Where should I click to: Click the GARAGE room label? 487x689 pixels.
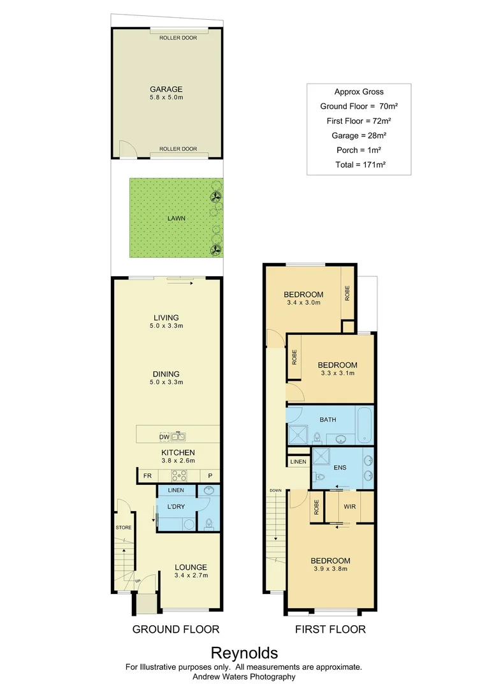(166, 89)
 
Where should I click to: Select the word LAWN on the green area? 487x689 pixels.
(177, 218)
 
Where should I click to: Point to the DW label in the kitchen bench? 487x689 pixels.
(164, 437)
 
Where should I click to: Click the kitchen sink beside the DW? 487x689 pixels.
(178, 437)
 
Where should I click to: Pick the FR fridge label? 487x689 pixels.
(147, 476)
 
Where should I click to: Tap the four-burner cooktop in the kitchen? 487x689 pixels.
(178, 476)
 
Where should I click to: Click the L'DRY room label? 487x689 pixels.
(175, 507)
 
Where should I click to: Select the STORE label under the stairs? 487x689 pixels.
(123, 528)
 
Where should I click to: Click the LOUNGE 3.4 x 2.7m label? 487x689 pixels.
(191, 571)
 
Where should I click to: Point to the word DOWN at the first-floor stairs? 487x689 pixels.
(275, 491)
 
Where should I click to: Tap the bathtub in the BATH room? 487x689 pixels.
(363, 426)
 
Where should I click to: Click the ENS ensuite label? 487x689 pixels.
(339, 467)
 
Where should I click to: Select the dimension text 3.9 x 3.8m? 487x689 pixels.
(331, 569)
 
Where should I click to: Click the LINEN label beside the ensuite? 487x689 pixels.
(298, 461)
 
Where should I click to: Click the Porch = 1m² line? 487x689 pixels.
(358, 150)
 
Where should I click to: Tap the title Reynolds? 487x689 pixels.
(244, 653)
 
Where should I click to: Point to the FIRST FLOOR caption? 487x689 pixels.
(330, 629)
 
